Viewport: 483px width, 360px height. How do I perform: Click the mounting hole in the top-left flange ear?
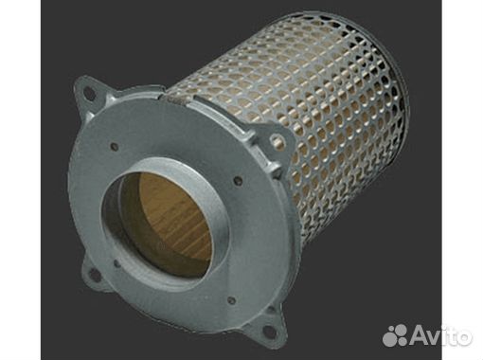90,94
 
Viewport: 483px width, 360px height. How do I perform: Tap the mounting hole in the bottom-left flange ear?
95,275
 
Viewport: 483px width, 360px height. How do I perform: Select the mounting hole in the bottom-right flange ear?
268,332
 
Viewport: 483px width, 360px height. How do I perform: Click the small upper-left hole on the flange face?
115,147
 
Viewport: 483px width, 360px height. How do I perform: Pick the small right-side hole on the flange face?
239,181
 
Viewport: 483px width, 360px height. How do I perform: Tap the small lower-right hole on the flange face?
232,299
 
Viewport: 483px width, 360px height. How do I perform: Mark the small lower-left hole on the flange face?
116,262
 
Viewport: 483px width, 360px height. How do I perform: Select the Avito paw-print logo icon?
394,334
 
